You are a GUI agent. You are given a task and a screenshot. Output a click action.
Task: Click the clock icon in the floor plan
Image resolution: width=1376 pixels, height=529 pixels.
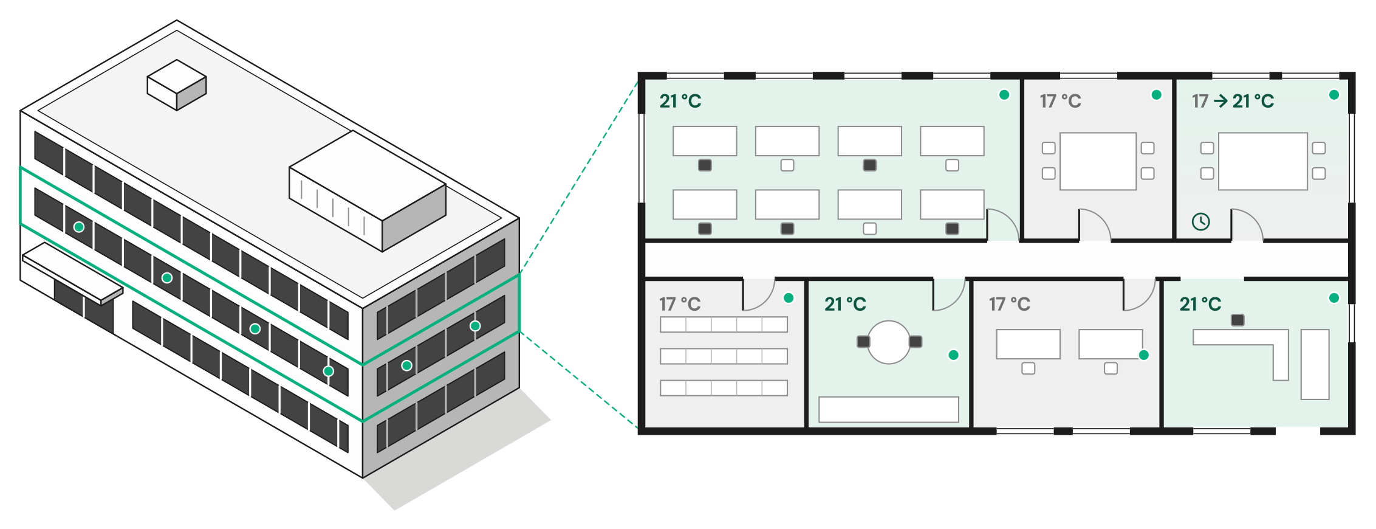coord(1200,221)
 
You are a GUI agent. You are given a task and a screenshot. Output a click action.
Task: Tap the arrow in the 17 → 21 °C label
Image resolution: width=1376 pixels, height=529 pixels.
coord(1220,101)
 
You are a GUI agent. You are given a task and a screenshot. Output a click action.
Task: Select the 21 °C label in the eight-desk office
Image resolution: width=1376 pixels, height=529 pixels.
coord(680,101)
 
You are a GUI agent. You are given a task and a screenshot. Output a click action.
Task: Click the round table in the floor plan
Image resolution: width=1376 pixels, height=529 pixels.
coord(889,342)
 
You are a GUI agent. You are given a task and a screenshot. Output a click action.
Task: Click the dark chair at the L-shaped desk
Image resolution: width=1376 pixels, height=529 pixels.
coord(1237,320)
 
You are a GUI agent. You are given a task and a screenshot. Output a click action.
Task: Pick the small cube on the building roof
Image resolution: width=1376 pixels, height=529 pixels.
coord(177,85)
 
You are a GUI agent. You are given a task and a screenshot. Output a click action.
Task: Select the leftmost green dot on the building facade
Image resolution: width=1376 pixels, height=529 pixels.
coord(79,227)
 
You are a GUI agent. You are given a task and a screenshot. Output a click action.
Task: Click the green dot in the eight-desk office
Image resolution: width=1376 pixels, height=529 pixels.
coord(1004,95)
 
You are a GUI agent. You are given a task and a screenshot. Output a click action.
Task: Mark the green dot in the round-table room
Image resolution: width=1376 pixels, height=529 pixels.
coord(954,355)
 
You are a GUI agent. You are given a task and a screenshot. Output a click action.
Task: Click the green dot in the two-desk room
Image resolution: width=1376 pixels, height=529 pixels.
coord(1144,355)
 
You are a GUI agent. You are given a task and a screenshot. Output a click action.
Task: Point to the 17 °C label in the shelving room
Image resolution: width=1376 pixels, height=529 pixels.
coord(680,304)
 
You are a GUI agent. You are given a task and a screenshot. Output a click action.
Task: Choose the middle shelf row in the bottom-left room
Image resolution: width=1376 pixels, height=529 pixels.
coord(724,356)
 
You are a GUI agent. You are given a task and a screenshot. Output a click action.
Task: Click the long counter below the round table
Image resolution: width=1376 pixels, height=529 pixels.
coord(889,409)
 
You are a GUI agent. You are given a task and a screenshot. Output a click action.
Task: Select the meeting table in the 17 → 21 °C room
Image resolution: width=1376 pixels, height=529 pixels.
coord(1263,161)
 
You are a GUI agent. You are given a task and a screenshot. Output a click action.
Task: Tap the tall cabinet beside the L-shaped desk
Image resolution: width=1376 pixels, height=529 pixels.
coord(1315,364)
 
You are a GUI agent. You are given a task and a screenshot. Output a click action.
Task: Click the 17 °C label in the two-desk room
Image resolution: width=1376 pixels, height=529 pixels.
coord(1010,304)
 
